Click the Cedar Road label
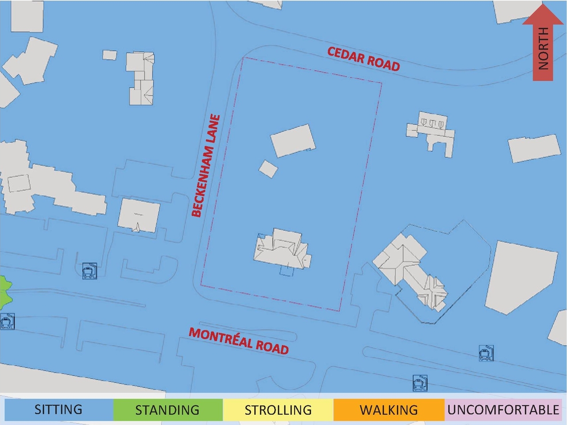click(x=364, y=59)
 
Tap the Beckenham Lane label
click(x=206, y=165)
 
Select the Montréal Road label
click(x=239, y=341)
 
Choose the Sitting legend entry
click(x=58, y=409)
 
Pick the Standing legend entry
click(x=167, y=409)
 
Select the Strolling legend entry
click(x=278, y=409)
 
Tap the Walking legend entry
click(x=388, y=409)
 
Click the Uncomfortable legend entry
click(x=503, y=409)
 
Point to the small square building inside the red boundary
click(x=268, y=169)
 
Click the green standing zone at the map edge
click(x=4, y=293)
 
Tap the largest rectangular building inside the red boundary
click(x=293, y=141)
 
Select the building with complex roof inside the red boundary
click(x=283, y=249)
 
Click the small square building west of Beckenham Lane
click(x=109, y=55)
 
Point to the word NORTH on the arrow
click(x=543, y=49)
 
